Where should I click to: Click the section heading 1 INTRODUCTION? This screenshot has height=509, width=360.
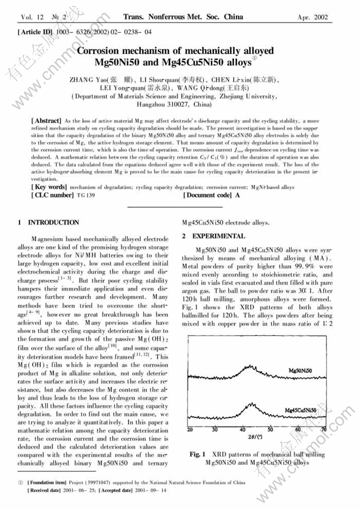[x=49, y=222]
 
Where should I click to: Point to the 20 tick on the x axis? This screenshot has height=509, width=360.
[x=191, y=430]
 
